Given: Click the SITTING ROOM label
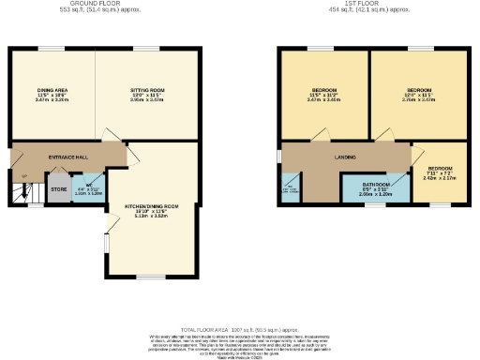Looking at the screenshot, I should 146,90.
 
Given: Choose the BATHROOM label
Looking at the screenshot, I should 376,186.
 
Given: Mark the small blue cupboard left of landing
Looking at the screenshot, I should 287,188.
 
